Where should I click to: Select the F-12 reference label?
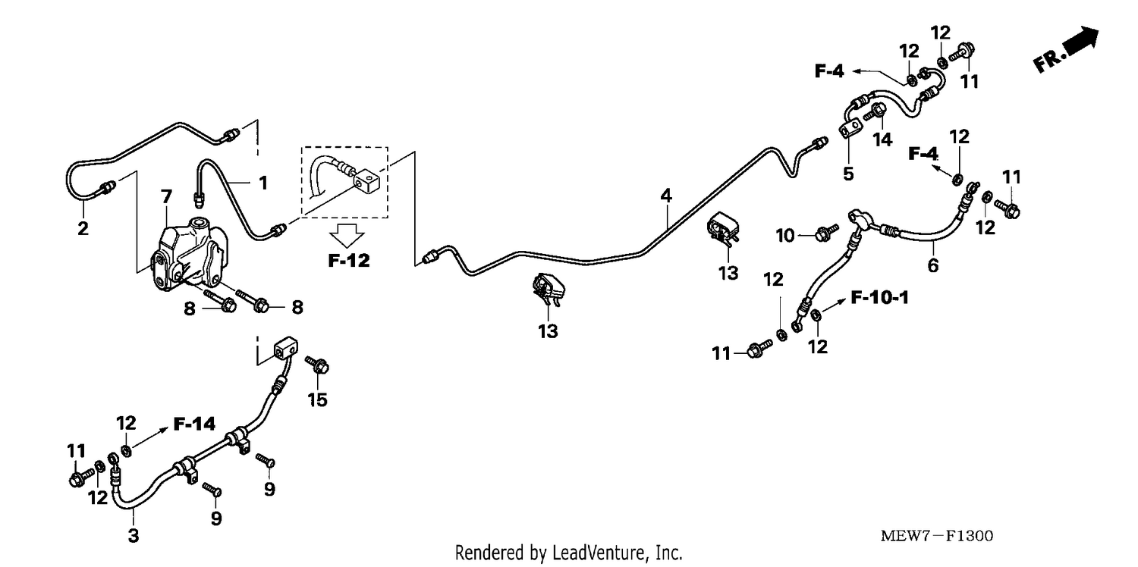pos(348,261)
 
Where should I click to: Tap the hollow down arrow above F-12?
pos(347,236)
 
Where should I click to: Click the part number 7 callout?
pos(166,196)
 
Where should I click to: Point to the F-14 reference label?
pos(194,424)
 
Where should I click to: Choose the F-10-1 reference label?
pos(879,297)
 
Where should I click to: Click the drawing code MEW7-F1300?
pos(936,536)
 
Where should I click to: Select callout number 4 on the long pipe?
pos(666,196)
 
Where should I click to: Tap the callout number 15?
pos(318,400)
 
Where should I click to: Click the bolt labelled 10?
pos(826,233)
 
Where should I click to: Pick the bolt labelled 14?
pos(875,112)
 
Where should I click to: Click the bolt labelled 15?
pos(318,364)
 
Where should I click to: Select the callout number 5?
pos(848,174)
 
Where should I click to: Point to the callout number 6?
pos(933,265)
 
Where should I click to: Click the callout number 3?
pos(133,535)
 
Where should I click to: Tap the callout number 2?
pos(83,228)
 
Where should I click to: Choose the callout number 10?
pos(785,236)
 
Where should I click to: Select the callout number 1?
pos(262,183)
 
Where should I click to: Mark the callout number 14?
pos(882,139)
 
